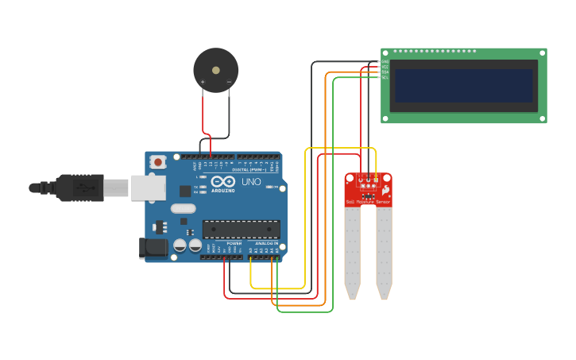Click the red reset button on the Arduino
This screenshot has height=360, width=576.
coord(158,162)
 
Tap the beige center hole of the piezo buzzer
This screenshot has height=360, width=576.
coord(216,70)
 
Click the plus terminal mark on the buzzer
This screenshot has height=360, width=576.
coord(203,82)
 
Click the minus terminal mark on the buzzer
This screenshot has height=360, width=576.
coord(229,82)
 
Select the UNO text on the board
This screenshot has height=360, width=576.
coord(251,182)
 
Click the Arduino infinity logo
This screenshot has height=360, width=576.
coord(223,182)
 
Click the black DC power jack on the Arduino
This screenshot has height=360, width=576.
coord(153,249)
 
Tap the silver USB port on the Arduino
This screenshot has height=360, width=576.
coord(148,188)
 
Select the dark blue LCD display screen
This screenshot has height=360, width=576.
coord(463,86)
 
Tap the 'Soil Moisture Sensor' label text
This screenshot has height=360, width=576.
coord(368,203)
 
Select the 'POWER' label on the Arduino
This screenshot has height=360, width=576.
coord(234,243)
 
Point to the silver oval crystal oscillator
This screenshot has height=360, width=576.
coord(183,209)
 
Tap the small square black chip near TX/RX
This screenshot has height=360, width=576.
coord(185,191)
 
